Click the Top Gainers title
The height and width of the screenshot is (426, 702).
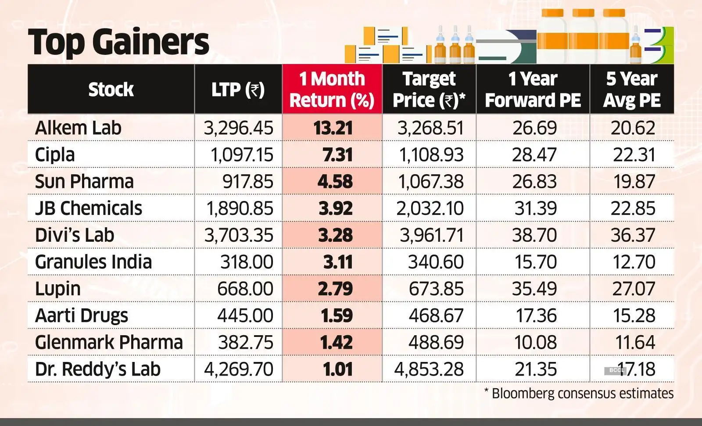118,42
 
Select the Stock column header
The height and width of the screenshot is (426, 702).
111,89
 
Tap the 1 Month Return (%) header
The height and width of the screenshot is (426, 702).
332,89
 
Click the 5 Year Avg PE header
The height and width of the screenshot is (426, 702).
632,89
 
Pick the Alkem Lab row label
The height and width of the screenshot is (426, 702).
78,128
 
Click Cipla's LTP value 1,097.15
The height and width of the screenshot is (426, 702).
242,155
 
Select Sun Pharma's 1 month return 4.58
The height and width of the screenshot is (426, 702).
335,182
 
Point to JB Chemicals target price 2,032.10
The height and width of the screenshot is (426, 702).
430,208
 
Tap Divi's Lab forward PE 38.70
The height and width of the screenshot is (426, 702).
534,235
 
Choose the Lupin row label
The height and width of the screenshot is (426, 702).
58,289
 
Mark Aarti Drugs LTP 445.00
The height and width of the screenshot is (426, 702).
245,315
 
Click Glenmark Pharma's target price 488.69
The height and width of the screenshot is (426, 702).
436,342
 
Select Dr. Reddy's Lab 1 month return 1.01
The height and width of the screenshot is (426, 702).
338,369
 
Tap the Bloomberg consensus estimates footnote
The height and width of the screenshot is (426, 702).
579,393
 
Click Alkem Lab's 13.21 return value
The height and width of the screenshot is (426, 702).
333,128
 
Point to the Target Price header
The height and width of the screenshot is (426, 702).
429,89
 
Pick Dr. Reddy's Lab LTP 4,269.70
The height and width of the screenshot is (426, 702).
239,369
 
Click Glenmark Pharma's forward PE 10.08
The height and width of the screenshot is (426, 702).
535,342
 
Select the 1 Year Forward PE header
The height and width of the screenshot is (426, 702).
533,89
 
